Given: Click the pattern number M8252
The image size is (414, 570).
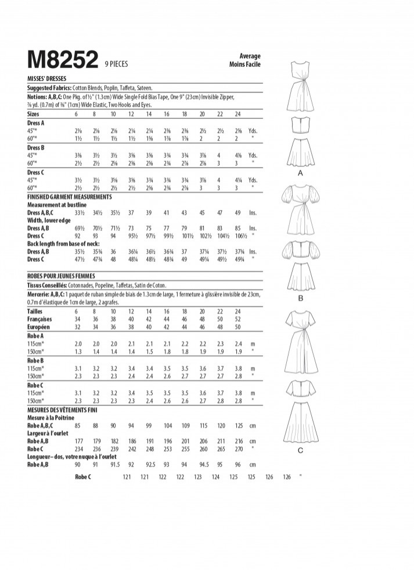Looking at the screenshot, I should pos(62,60).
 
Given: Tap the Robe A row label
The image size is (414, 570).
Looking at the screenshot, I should pos(35,336).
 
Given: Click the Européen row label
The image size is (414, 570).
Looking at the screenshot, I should pos(39,327).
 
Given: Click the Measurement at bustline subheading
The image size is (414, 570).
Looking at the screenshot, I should pos(57,205).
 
